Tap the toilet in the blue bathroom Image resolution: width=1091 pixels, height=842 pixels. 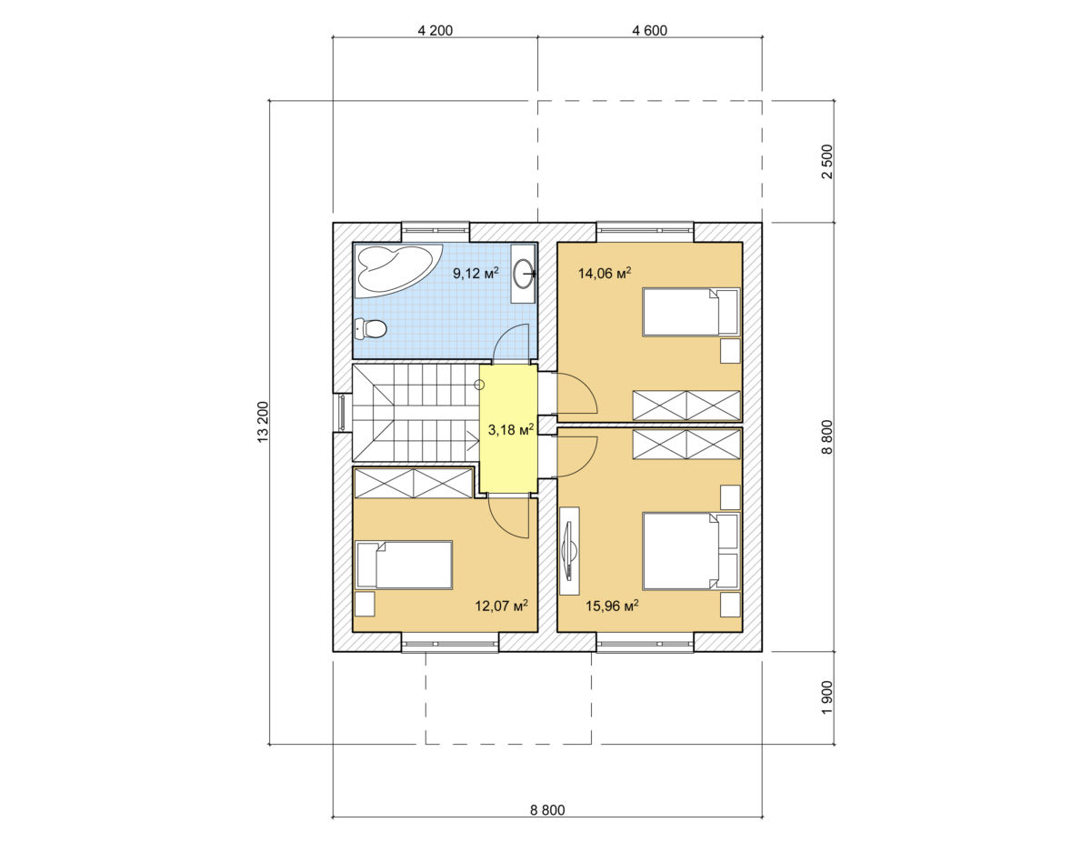coord(371,329)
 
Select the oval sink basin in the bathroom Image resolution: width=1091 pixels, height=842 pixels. coord(523,273)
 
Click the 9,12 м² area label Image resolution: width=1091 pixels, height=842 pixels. coord(476,273)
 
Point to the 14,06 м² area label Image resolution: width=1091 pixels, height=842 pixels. coord(605,273)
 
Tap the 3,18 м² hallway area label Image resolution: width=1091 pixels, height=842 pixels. coord(511,429)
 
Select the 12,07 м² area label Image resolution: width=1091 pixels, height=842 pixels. coord(502,606)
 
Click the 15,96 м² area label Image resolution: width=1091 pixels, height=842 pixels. coord(612,606)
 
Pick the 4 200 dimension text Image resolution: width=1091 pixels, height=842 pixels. coord(435,31)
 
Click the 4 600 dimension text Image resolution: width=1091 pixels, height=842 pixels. coord(650,31)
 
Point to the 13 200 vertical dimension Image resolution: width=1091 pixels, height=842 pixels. coord(263,422)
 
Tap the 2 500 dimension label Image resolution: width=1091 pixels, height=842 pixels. coord(827,162)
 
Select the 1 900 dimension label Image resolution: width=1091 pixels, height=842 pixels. coord(827,698)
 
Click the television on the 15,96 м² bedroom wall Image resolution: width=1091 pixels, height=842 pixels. coord(569,544)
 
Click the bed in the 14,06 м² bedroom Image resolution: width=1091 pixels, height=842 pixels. coord(691,312)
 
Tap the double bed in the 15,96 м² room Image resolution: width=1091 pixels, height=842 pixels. coord(691,551)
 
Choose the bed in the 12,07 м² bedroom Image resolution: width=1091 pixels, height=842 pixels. coord(405,565)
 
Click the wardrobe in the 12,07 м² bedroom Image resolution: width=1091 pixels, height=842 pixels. coord(414,483)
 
